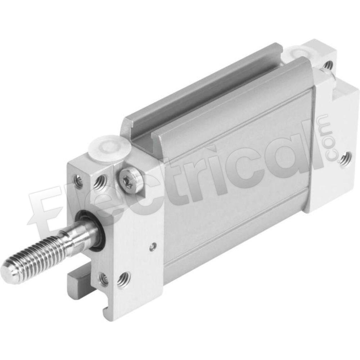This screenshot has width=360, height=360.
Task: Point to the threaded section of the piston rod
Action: click(x=35, y=260)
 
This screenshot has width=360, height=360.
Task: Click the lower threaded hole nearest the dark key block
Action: click(x=103, y=279)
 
